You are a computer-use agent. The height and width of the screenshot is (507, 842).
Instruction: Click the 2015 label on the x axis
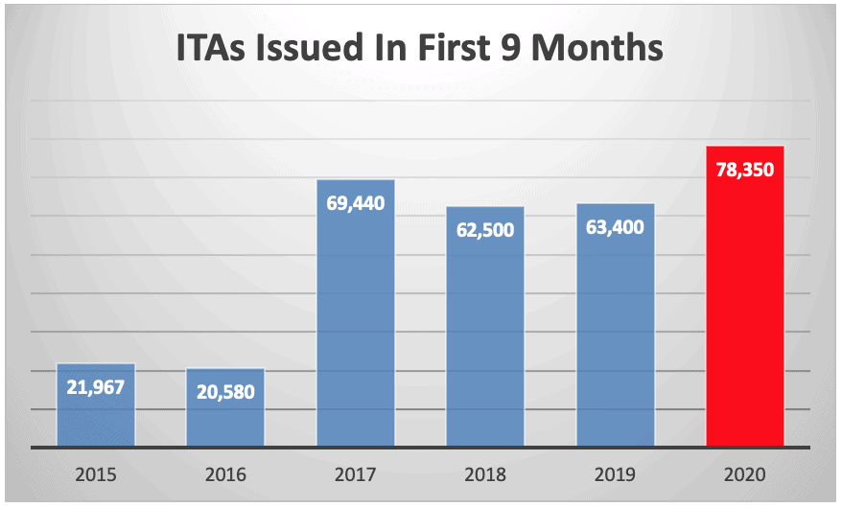(96, 473)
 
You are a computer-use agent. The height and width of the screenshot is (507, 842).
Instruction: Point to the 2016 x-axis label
(225, 473)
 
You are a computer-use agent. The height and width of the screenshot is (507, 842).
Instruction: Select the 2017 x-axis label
(356, 473)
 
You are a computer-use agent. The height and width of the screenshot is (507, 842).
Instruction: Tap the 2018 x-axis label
(485, 473)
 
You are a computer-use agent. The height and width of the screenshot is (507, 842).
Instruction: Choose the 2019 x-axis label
(616, 473)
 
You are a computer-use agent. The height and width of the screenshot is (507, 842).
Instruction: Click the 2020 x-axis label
(745, 473)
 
